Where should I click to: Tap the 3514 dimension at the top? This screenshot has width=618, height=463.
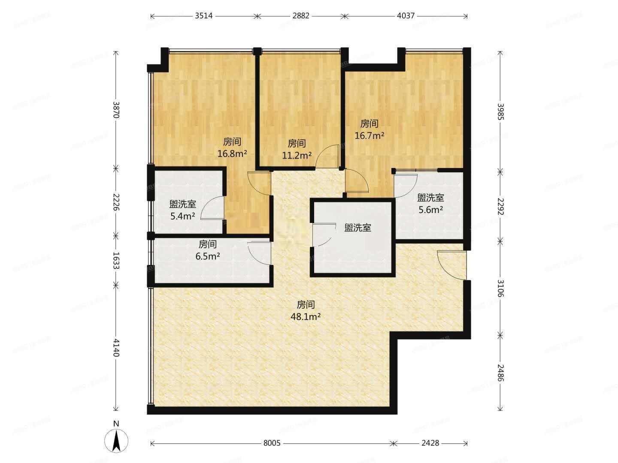pyautogui.click(x=205, y=16)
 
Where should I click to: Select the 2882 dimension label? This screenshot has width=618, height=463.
pyautogui.click(x=301, y=16)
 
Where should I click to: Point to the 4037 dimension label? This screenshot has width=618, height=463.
pyautogui.click(x=406, y=16)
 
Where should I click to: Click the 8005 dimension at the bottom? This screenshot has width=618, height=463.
pyautogui.click(x=272, y=443)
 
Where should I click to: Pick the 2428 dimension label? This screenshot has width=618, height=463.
pyautogui.click(x=430, y=443)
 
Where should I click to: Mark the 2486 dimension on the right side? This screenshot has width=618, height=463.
pyautogui.click(x=500, y=373)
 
